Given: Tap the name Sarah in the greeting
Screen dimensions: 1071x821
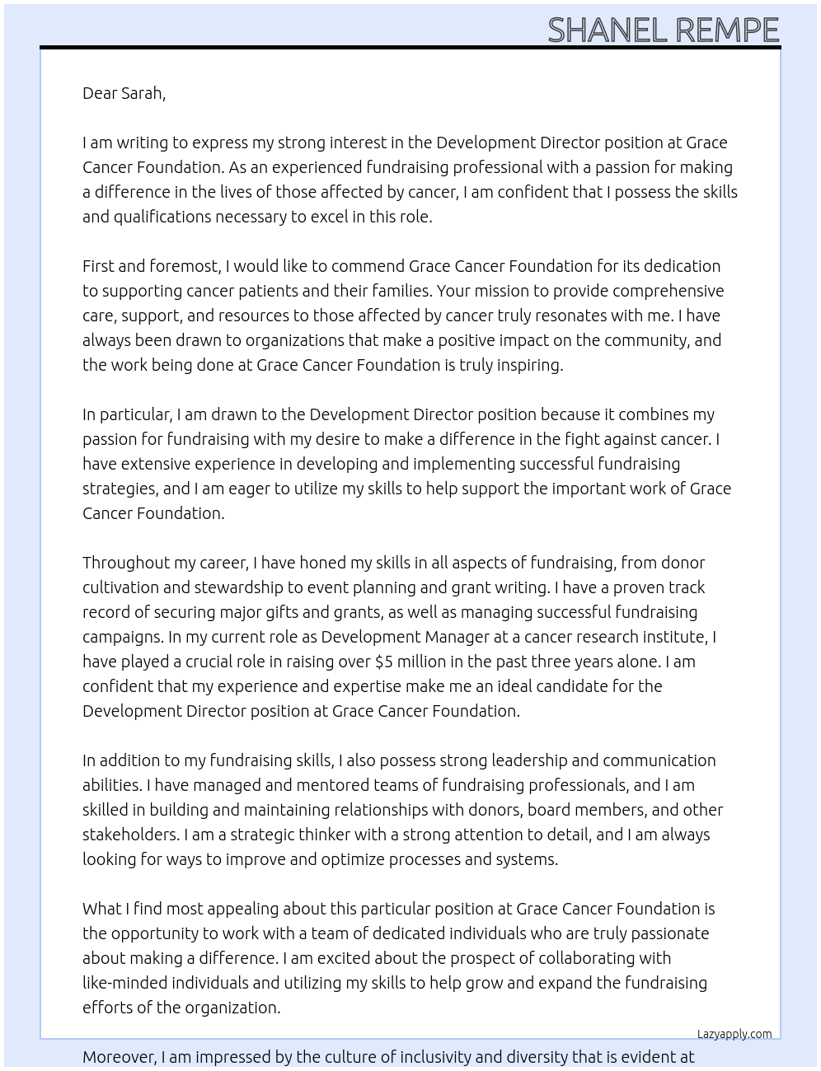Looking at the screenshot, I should pyautogui.click(x=142, y=93).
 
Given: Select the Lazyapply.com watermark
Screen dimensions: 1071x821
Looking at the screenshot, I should pyautogui.click(x=734, y=1034).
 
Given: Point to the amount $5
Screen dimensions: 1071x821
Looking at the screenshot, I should pyautogui.click(x=384, y=662).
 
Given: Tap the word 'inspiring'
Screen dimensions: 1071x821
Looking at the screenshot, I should pyautogui.click(x=528, y=365).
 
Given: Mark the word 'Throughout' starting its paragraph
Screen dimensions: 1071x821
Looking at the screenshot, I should pyautogui.click(x=123, y=563).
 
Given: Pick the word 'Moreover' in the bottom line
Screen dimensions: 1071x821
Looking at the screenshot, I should pyautogui.click(x=118, y=1057).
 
